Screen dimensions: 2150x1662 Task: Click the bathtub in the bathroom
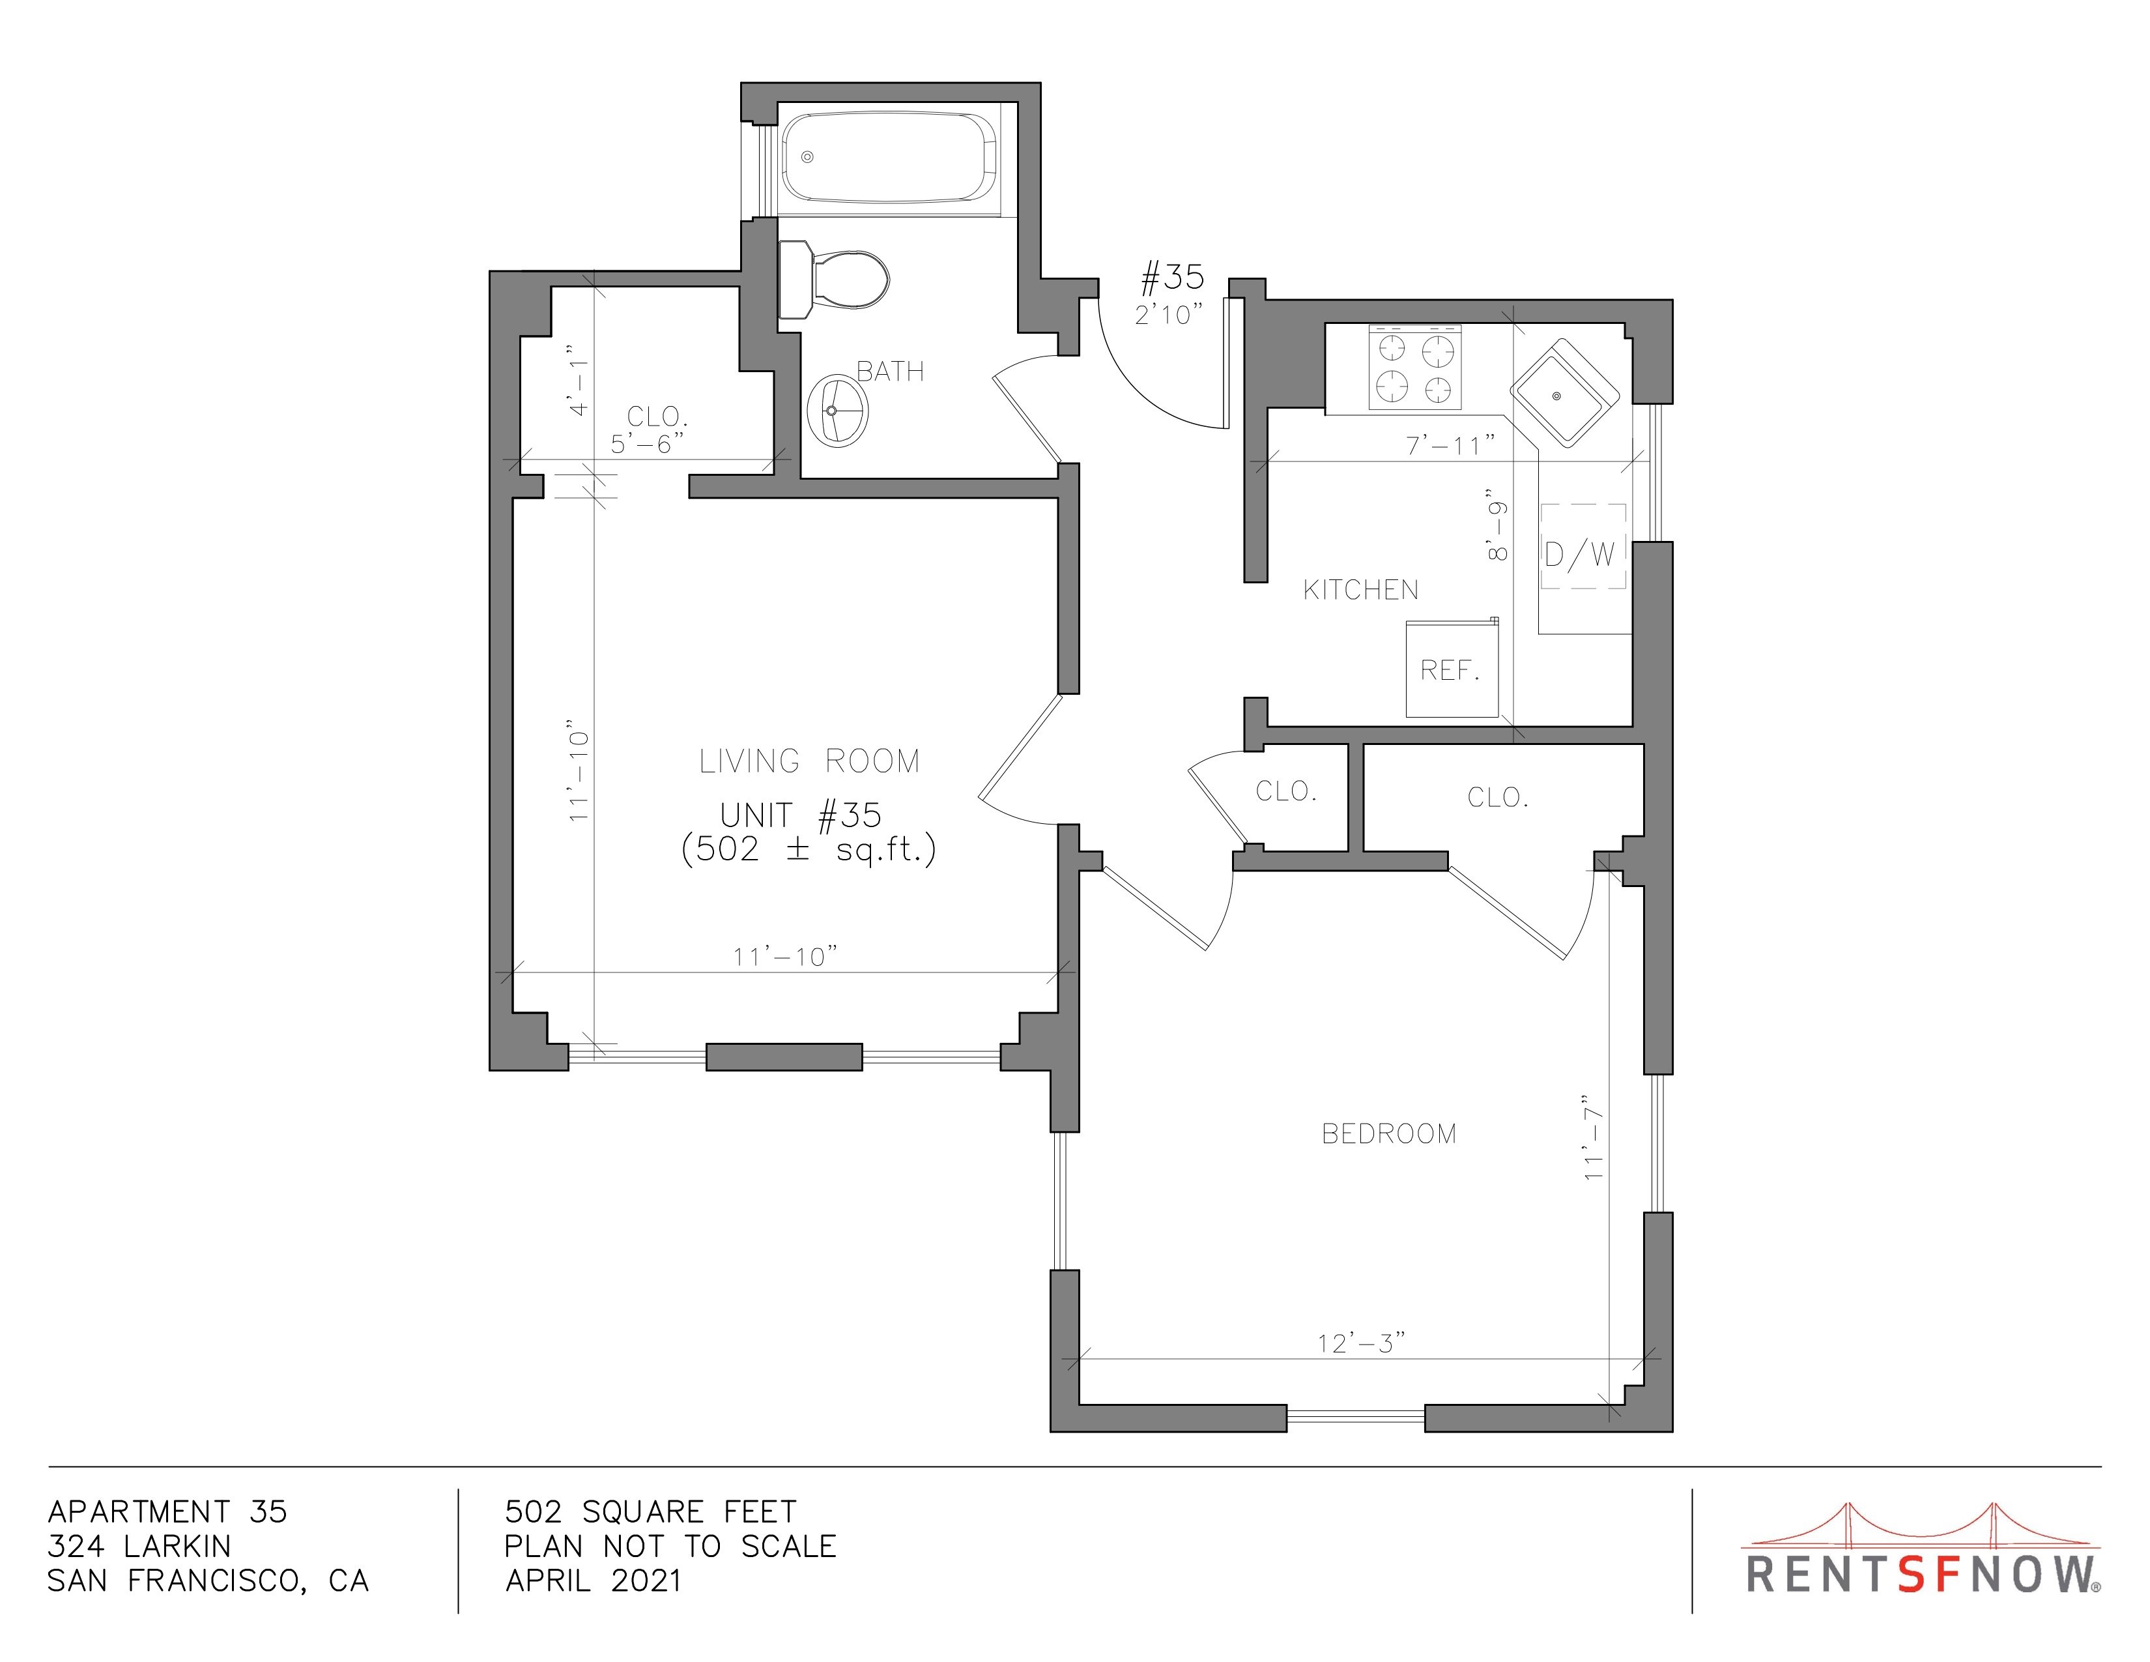[889, 158]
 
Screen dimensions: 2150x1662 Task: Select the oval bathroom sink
[838, 411]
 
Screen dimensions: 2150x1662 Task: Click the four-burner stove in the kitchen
[1414, 367]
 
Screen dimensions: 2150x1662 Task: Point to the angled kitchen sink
[1565, 393]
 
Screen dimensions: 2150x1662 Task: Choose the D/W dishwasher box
[1582, 546]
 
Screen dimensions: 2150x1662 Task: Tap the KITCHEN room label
[1360, 590]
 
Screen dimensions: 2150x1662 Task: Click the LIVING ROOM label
[809, 761]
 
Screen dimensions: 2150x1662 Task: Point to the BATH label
[890, 372]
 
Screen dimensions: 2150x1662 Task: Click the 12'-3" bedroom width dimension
[1362, 1343]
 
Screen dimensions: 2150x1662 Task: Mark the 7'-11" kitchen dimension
[1450, 445]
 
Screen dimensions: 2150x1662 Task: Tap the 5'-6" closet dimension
[647, 444]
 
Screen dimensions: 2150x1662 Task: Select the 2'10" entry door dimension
[1169, 315]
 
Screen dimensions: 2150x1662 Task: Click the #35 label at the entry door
[1171, 278]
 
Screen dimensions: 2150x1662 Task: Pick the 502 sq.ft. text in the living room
[809, 849]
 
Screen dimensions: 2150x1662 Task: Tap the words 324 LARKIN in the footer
[139, 1546]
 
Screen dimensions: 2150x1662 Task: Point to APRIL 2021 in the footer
[593, 1581]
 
